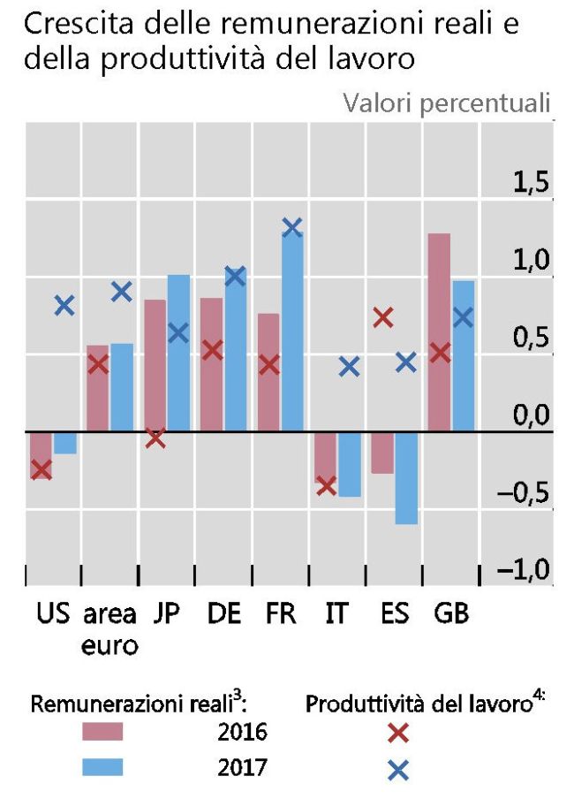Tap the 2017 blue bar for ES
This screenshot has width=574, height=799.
click(406, 477)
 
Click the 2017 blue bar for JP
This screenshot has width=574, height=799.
click(178, 353)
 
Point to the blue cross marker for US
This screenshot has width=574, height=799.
click(64, 306)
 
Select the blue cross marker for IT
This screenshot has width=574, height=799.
click(350, 366)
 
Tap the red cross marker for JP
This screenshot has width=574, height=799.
click(155, 438)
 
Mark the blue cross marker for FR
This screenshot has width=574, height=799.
click(292, 228)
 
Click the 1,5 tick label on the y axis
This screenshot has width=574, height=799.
click(532, 186)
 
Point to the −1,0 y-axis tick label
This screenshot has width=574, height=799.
click(525, 573)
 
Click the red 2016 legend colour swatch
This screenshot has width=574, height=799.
click(102, 733)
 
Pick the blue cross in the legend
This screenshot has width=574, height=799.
click(398, 771)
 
